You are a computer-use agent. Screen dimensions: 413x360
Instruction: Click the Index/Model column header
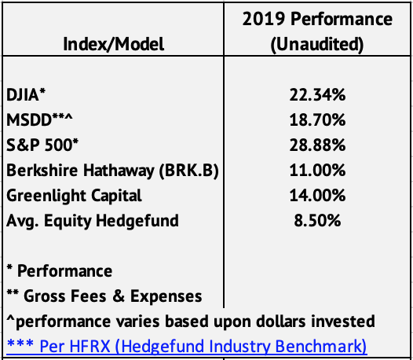[x=114, y=44]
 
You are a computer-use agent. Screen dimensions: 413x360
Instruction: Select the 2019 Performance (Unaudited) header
[x=317, y=31]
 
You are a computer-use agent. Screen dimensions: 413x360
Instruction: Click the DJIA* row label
[x=26, y=94]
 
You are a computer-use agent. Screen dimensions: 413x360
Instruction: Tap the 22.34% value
[x=317, y=94]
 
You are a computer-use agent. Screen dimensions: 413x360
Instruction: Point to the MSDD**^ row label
[x=39, y=119]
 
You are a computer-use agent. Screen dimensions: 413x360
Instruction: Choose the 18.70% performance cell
[x=317, y=119]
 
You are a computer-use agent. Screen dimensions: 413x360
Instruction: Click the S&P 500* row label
[x=42, y=145]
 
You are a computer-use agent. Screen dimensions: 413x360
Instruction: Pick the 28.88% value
[x=317, y=145]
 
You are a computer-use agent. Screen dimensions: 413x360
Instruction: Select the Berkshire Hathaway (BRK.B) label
[x=112, y=171]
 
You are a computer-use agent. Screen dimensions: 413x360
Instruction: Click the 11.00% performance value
[x=317, y=170]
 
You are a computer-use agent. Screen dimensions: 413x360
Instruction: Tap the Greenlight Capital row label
[x=74, y=196]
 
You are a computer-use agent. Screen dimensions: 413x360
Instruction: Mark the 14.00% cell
[x=317, y=195]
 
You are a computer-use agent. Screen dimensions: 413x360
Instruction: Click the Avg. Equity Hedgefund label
[x=93, y=221]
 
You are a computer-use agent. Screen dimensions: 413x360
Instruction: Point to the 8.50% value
[x=317, y=221]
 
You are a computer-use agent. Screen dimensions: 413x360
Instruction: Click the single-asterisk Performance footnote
[x=60, y=271]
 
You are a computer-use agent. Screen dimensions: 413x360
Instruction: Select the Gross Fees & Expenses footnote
[x=104, y=296]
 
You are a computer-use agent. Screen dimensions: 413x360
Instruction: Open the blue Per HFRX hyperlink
[x=187, y=347]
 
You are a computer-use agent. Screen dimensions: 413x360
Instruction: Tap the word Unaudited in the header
[x=317, y=44]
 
